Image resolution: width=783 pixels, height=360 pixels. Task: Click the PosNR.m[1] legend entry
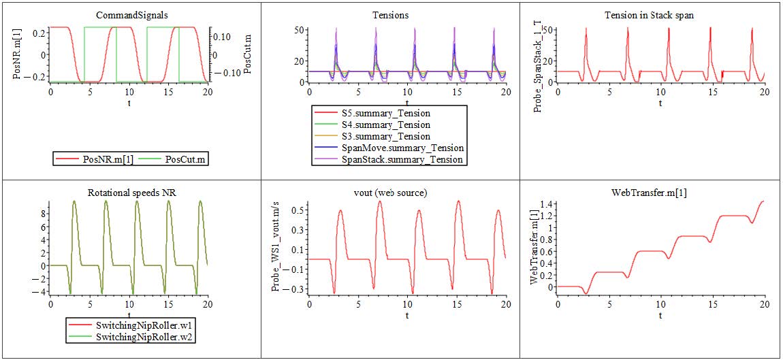[x=102, y=159]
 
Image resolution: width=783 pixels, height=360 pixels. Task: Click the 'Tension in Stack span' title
[x=649, y=15]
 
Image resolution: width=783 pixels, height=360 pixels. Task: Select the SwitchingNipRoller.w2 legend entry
[x=136, y=337]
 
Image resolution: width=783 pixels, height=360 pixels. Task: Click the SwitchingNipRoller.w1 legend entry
[x=136, y=325]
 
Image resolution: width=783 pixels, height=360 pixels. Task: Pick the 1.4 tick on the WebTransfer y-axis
[x=549, y=204]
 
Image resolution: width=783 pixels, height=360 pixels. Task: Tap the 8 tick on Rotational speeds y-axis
[x=43, y=212]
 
